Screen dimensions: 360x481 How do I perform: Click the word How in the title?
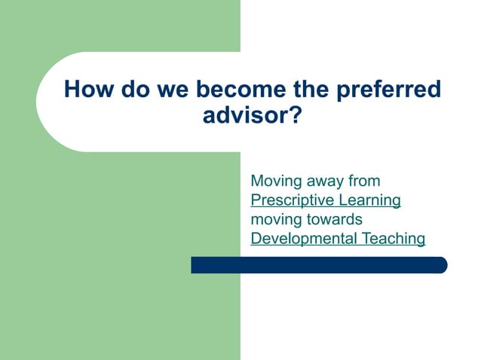click(87, 90)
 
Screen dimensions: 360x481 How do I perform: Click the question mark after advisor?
click(296, 117)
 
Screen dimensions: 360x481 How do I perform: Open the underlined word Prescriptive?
click(292, 200)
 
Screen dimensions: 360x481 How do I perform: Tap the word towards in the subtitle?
click(335, 220)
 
